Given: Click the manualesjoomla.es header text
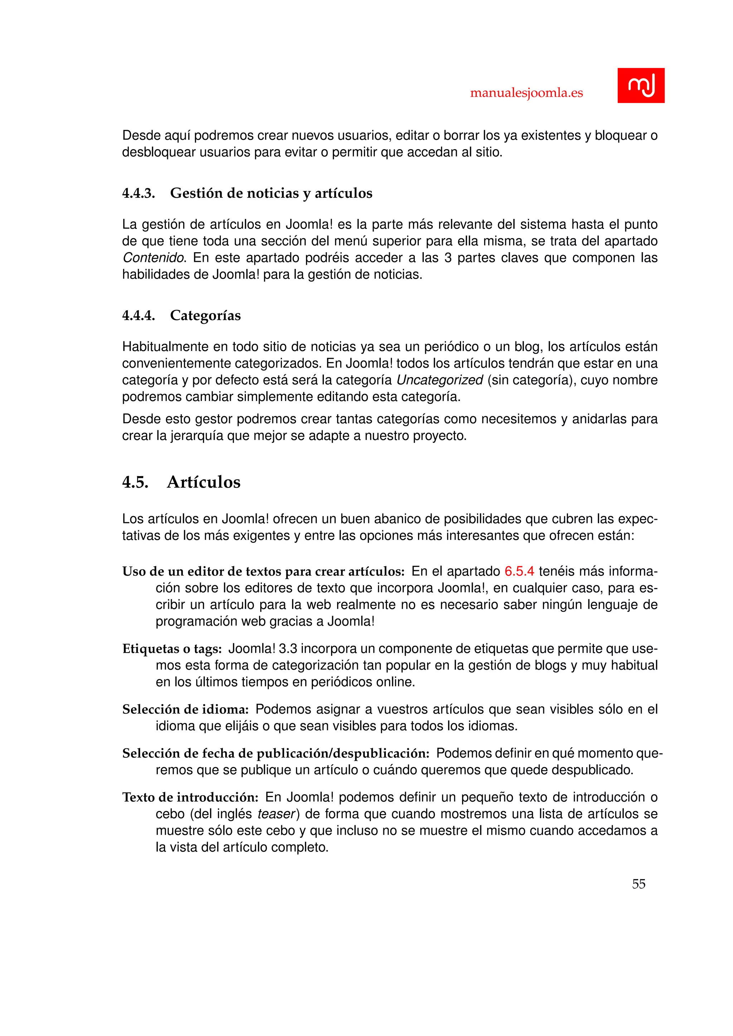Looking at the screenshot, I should coord(526,93).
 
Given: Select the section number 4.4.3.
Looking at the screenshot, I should coord(139,193).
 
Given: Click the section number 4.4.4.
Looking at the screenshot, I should coord(139,316).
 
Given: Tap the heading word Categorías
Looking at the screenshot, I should coord(205,316).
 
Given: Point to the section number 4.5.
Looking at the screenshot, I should coord(135,482).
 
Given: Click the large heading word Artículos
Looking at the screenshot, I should coord(204,482).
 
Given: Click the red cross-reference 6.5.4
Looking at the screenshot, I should coord(519,571).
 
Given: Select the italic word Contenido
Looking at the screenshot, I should coord(154,258).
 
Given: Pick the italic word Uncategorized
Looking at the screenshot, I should coord(440,380).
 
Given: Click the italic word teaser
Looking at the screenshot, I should coord(276,814).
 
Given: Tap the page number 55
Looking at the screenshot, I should coord(639,884).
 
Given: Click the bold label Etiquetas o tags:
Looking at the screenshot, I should coord(172,649).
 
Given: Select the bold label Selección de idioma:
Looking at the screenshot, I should coord(185,709).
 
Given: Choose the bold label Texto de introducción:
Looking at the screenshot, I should coord(190,797).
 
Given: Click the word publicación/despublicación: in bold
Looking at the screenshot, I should coord(343,753).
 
